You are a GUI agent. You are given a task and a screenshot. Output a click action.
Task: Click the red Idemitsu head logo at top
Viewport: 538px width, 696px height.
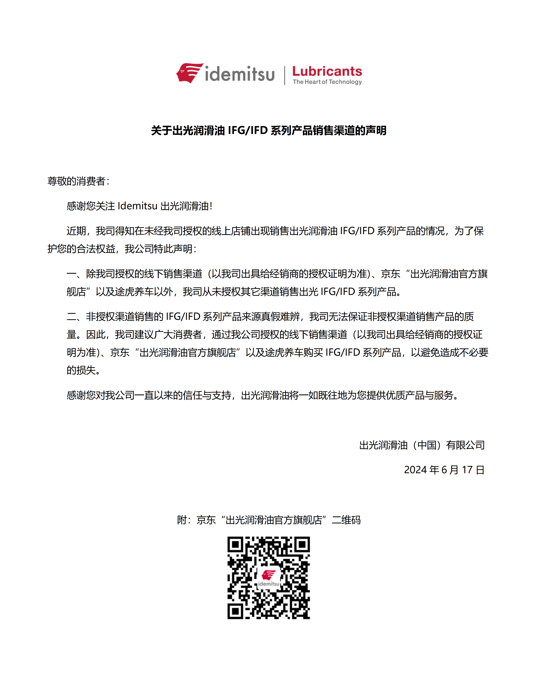[190, 73]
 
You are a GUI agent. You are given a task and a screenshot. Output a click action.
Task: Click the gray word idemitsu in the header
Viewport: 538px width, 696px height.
[240, 74]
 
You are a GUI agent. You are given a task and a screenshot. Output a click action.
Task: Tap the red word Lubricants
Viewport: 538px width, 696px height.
[327, 71]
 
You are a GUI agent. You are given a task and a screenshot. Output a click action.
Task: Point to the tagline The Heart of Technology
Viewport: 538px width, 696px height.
[327, 82]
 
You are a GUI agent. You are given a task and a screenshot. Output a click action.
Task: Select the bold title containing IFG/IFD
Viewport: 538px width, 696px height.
[268, 130]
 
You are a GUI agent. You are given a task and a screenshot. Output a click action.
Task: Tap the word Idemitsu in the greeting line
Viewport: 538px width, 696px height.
[137, 206]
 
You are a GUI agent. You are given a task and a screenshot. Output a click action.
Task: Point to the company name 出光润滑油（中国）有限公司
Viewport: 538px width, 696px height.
[421, 445]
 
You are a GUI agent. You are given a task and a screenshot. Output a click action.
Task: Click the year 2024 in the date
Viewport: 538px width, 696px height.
[415, 470]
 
